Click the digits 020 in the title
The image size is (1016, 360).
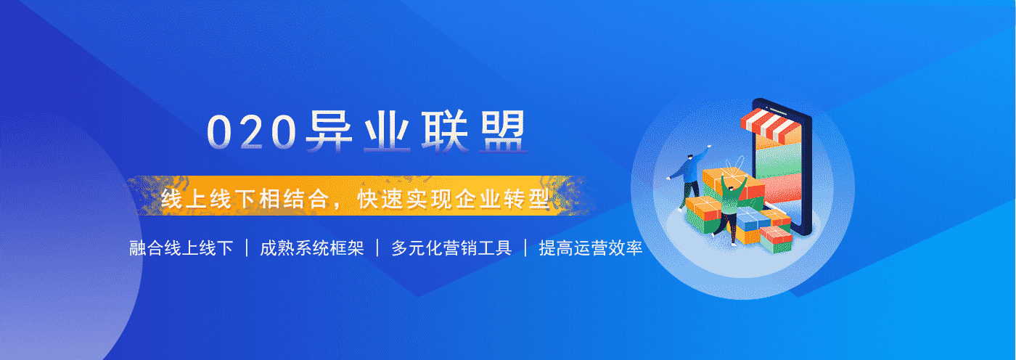[251, 131]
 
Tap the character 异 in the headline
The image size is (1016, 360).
[329, 131]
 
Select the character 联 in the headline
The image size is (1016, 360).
[444, 131]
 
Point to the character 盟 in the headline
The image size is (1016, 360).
[502, 131]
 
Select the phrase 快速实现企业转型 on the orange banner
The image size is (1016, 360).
[454, 199]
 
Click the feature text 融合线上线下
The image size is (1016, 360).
[181, 248]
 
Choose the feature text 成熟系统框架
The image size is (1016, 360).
[312, 248]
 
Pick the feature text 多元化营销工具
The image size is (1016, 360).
[451, 248]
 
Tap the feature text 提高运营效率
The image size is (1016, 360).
[591, 248]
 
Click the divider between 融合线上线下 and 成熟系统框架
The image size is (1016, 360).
[247, 248]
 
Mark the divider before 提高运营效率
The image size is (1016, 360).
[525, 248]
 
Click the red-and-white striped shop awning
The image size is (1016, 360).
[770, 124]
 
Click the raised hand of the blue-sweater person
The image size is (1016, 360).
[709, 147]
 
